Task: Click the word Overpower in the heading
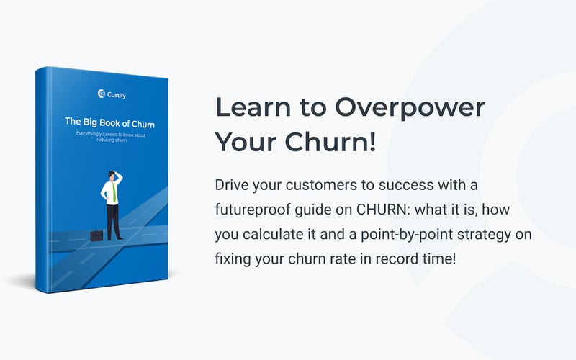click(410, 108)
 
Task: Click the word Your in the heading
click(247, 142)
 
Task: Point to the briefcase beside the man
click(96, 235)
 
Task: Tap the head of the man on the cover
click(112, 175)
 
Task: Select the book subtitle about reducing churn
click(109, 138)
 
